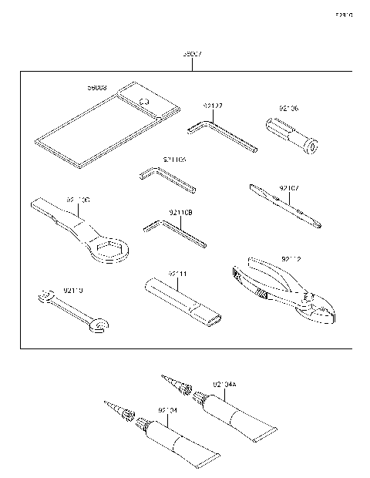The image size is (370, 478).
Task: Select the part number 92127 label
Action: [214, 106]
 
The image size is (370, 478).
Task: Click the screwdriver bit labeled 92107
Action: [285, 206]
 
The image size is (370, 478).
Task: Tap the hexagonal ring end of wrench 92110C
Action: [110, 249]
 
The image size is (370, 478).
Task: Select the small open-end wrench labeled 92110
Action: [69, 312]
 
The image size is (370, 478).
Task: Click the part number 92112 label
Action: [291, 260]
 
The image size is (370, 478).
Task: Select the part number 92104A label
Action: [225, 383]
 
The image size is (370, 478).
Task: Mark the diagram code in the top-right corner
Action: [343, 15]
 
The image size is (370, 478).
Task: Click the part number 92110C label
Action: [78, 200]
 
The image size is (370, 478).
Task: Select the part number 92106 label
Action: [288, 109]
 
